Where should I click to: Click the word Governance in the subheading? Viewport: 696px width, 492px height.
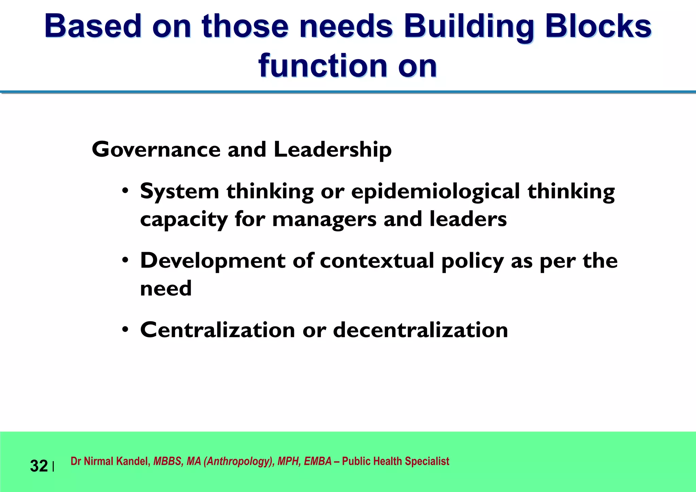[x=156, y=150]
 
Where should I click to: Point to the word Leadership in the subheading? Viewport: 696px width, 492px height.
[x=332, y=150]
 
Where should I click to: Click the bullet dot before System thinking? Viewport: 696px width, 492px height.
[x=125, y=191]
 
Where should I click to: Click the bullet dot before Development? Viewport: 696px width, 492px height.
[x=125, y=260]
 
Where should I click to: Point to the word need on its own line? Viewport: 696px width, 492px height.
[x=166, y=289]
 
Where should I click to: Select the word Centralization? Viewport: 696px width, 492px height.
[x=217, y=330]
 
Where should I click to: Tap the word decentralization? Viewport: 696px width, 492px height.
[x=420, y=330]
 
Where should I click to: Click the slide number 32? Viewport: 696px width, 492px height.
[x=39, y=466]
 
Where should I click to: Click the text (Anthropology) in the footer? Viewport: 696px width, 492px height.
[x=239, y=461]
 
